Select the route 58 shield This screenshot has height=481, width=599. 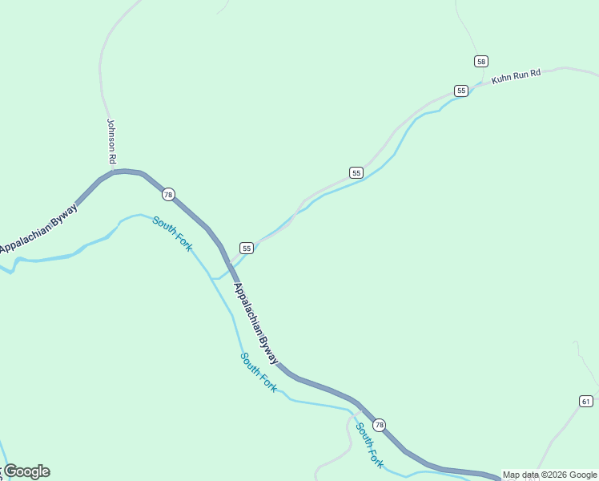[x=480, y=61]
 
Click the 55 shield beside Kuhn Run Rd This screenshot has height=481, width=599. [x=461, y=91]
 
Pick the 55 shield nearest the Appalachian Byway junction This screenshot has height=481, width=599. [x=247, y=248]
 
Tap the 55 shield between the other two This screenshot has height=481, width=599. [x=356, y=172]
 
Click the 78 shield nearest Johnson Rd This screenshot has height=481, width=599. [x=167, y=195]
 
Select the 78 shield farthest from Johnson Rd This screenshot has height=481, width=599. [x=379, y=425]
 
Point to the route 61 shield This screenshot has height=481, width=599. [x=586, y=401]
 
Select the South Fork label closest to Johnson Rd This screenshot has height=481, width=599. [x=173, y=234]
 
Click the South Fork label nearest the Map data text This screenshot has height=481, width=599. [x=370, y=445]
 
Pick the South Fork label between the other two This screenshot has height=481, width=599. [x=259, y=372]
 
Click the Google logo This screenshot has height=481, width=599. [x=26, y=471]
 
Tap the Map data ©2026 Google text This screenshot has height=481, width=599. [x=549, y=475]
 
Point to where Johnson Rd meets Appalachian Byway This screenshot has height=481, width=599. [x=115, y=171]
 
